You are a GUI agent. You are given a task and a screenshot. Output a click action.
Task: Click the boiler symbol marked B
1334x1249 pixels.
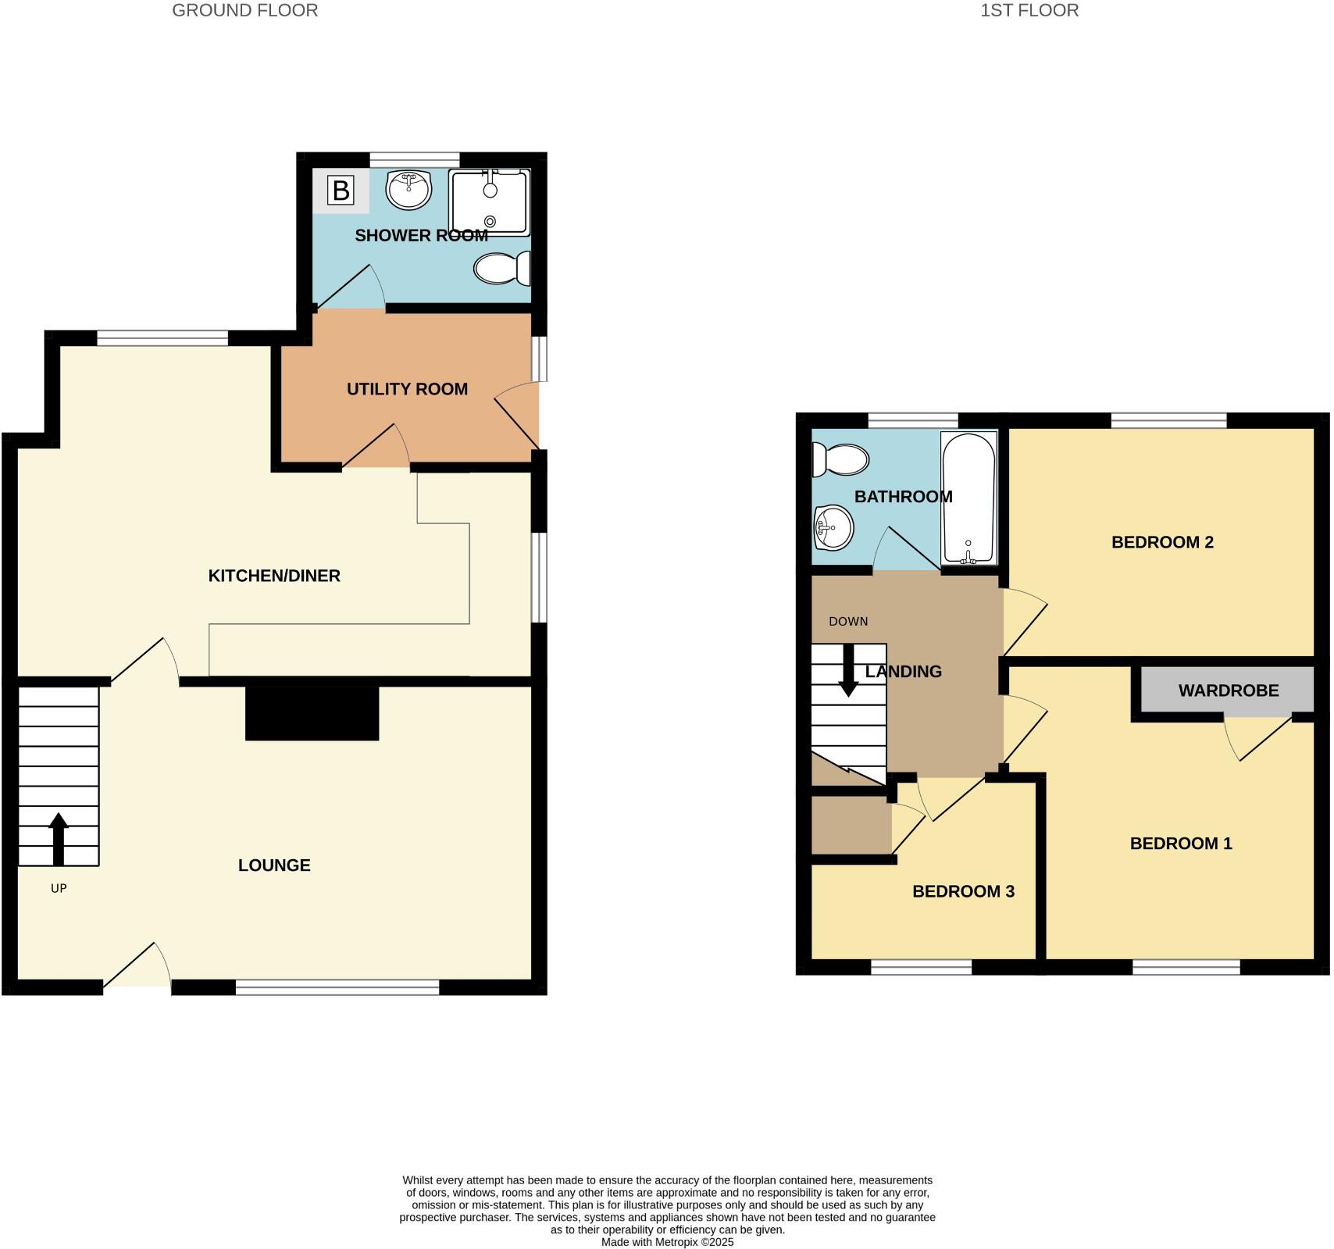pos(341,191)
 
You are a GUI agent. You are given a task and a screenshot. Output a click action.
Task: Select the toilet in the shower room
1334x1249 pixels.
pos(502,269)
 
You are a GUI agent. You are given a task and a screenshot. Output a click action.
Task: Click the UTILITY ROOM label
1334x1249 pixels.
pos(407,389)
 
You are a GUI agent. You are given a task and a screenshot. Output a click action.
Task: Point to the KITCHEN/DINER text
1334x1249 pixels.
pos(274,576)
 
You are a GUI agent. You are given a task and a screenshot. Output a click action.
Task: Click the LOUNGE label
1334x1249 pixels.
pos(274,865)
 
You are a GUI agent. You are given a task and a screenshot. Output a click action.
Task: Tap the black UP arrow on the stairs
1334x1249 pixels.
pos(59,838)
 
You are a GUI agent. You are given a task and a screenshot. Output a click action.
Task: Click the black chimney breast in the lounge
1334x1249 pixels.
pos(312,713)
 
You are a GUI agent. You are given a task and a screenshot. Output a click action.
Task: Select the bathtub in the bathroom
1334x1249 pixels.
pos(968,498)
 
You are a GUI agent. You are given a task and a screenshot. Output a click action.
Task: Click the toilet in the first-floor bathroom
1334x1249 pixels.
pos(841,459)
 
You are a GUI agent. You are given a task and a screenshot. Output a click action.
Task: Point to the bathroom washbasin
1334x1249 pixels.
pos(833,528)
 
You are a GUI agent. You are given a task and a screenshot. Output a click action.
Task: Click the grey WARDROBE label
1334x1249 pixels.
pos(1228,691)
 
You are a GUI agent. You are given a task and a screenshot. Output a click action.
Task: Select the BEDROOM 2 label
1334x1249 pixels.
pos(1162,542)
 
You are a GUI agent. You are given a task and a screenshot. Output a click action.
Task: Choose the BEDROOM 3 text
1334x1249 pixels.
pos(963,892)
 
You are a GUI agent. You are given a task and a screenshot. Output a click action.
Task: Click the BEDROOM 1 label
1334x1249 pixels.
pos(1181,844)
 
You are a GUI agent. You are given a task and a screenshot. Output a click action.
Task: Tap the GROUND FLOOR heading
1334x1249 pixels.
pos(244,11)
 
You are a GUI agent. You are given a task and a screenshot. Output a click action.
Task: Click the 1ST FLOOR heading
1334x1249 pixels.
pos(1029,11)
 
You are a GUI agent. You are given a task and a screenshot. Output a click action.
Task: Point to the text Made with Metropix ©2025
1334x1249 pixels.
pos(667,1242)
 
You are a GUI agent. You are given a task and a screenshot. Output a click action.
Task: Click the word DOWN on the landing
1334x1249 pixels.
pos(848,622)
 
